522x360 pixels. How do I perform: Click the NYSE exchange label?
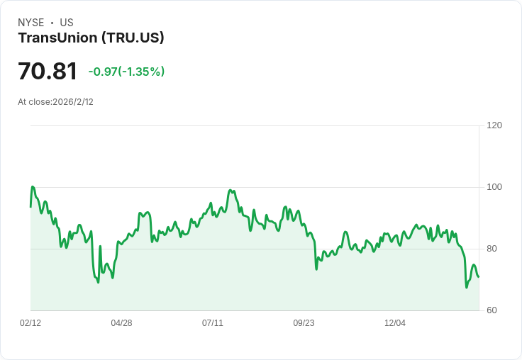[30, 23]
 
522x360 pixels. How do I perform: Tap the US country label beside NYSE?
[67, 23]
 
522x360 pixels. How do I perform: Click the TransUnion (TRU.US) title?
[91, 38]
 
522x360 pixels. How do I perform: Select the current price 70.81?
[48, 72]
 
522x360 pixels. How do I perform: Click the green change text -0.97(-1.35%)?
[126, 72]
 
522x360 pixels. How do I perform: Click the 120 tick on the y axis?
[494, 125]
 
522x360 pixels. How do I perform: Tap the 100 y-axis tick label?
[494, 187]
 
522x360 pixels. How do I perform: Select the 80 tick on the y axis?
[492, 249]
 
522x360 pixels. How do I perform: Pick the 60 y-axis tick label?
[492, 310]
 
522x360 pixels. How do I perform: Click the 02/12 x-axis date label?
[30, 323]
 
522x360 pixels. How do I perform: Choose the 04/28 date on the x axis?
[121, 323]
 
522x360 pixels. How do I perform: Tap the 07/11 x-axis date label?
[213, 323]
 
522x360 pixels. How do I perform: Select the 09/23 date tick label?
[304, 323]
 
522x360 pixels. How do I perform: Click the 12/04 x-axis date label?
[395, 323]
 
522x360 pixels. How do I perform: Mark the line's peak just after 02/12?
[33, 186]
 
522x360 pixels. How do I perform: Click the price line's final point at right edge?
[479, 276]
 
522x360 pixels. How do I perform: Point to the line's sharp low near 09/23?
[316, 269]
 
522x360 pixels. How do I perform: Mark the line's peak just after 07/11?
[230, 190]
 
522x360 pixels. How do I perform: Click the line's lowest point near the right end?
[467, 287]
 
